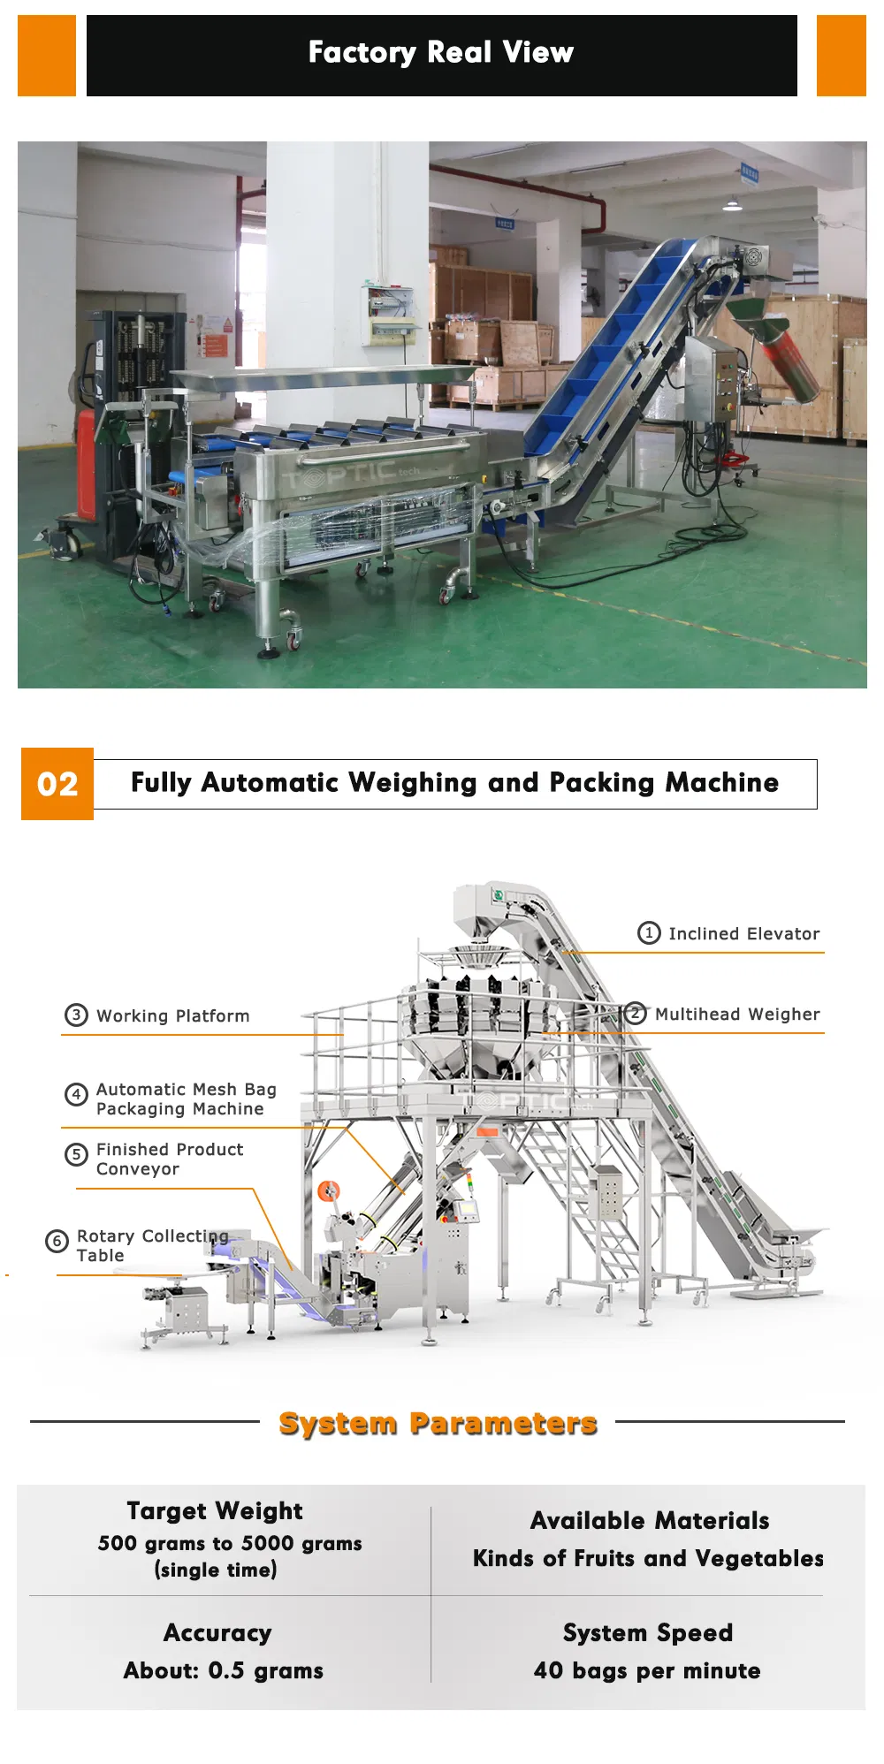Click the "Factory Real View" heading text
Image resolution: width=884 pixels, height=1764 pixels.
[x=441, y=53]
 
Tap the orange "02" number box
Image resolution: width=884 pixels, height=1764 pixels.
[x=57, y=784]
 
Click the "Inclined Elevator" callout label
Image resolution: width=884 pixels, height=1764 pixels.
[x=743, y=934]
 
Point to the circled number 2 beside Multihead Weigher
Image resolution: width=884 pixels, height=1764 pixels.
[x=635, y=1014]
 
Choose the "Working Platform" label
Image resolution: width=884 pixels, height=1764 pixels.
[x=173, y=1016]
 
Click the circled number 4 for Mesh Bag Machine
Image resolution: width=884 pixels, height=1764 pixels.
[x=76, y=1095]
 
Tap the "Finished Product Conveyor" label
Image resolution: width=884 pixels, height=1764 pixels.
[x=170, y=1160]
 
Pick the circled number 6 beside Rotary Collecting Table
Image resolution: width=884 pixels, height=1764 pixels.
[x=57, y=1242]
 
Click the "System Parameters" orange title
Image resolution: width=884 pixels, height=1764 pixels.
[x=438, y=1423]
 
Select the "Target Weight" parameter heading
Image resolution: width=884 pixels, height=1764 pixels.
[x=215, y=1511]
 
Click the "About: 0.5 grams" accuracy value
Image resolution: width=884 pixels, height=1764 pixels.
[x=224, y=1671]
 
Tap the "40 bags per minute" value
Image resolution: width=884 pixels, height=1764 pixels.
[x=647, y=1671]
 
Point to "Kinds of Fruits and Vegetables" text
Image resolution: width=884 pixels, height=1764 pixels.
[x=648, y=1558]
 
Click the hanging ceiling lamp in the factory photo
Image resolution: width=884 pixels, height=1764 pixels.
[x=732, y=204]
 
